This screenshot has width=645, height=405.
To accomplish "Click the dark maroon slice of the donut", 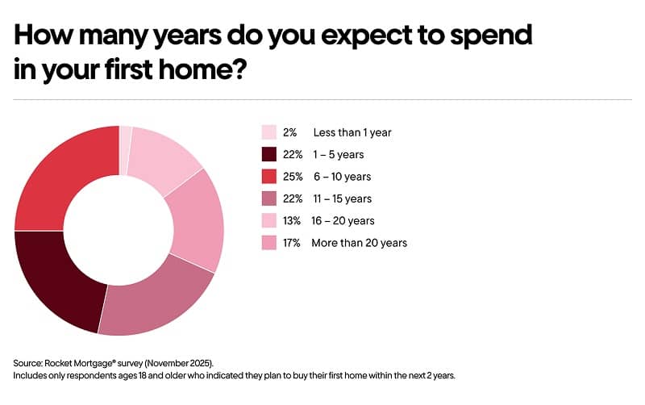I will click(56, 274).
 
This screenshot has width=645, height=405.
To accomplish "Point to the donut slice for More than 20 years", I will click(193, 218).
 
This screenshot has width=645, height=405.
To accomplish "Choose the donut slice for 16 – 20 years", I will click(165, 157).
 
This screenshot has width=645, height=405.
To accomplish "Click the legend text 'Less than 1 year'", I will click(352, 132).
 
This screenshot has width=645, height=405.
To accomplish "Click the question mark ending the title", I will click(238, 69).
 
